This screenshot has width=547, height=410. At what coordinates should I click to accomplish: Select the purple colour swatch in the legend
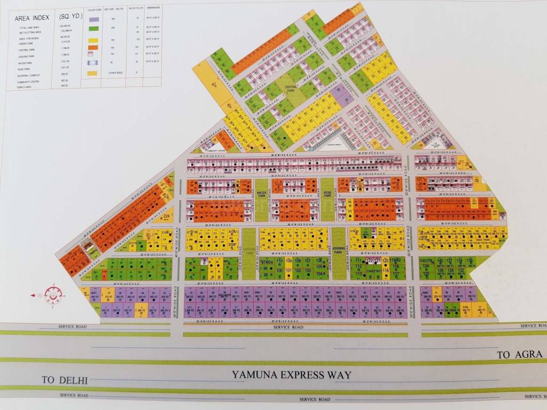tap(93, 19)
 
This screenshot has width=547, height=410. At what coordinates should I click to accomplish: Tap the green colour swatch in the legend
tap(93, 28)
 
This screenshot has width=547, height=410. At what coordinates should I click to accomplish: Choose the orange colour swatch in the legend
tap(93, 47)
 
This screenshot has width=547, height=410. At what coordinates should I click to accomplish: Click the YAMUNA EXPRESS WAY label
tap(292, 375)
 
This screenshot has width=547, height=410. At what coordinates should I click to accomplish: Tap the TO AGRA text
tap(519, 354)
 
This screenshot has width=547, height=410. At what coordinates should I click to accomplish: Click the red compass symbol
tap(53, 294)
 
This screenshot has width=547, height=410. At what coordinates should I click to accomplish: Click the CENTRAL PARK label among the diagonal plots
tap(291, 89)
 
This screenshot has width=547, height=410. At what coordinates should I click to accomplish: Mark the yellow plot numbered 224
tap(167, 216)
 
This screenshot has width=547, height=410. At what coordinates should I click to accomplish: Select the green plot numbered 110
tap(279, 261)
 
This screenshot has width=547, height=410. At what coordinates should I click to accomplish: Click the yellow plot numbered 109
tap(289, 261)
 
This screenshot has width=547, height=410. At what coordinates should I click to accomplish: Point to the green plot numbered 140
tap(440, 260)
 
